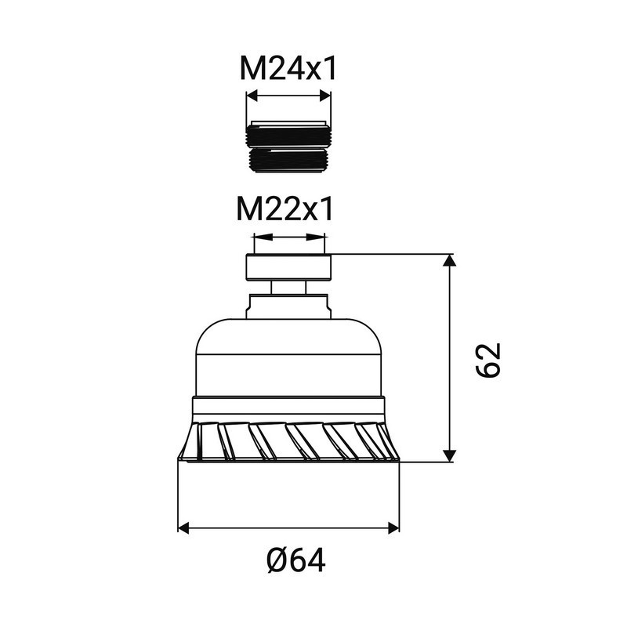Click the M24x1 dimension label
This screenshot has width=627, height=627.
288,69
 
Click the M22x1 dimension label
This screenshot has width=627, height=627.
285,208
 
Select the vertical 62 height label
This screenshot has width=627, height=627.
487,360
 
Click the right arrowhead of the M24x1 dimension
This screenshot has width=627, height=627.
324,96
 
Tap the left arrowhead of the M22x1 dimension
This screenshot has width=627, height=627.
262,237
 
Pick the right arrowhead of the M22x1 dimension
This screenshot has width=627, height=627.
316,237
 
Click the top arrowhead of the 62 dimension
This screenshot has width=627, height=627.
450,261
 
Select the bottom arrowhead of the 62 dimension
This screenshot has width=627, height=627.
450,456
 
